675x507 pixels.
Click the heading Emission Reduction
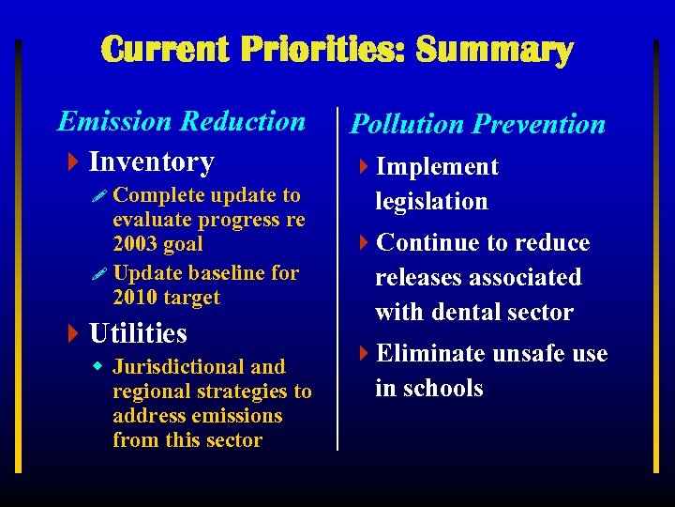(x=181, y=121)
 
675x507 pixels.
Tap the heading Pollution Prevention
(x=477, y=124)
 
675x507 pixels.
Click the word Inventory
(x=151, y=161)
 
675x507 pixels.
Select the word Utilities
(x=138, y=333)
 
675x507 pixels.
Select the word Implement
(x=437, y=167)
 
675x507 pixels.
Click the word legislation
(x=431, y=201)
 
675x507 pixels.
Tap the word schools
(x=442, y=388)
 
